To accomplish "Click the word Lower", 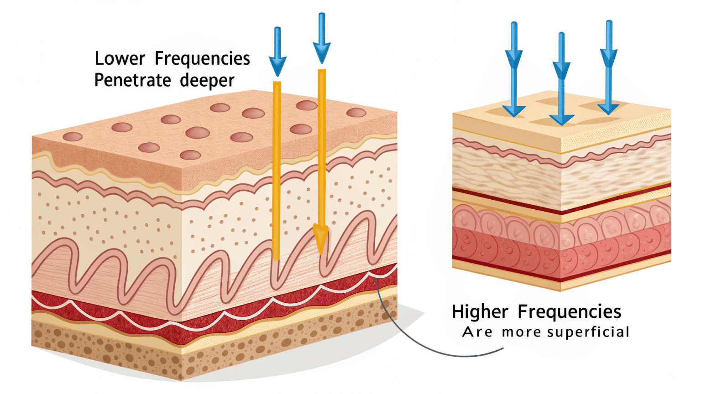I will pos(120,59).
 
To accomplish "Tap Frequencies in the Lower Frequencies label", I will pos(202,59).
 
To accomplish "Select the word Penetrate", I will pos(132,80).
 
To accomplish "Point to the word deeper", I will pos(207,81).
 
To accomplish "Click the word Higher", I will pos(480,312).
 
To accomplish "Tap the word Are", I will pos(477,332).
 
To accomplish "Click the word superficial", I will pos(588,332).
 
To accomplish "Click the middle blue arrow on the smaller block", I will pos(562,78).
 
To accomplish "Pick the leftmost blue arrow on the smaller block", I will pos(514,68).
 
